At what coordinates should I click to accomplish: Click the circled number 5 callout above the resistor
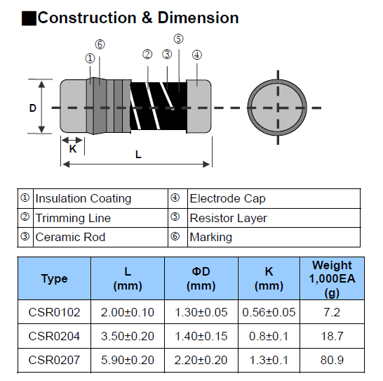point(179,39)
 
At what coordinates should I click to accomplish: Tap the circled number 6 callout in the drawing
point(100,44)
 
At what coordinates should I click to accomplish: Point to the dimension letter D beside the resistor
point(33,108)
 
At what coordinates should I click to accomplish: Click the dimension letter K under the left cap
point(73,149)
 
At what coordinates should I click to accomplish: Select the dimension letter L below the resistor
point(138,155)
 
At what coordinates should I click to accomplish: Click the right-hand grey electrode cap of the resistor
point(199,106)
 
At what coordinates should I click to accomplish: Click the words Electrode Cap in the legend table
point(227,198)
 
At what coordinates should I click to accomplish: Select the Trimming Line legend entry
point(73,218)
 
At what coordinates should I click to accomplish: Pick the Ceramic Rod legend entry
point(70,237)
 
